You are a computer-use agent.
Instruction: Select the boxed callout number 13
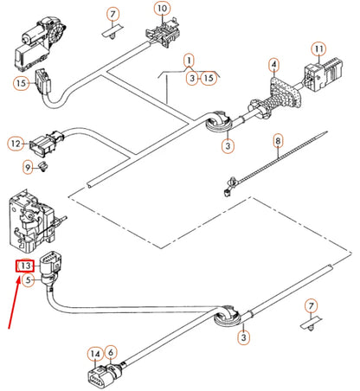[27, 266]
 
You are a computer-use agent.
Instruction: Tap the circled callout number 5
[28, 279]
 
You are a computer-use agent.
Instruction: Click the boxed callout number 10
[163, 10]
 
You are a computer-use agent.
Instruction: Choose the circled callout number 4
[273, 65]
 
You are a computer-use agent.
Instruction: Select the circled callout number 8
[278, 139]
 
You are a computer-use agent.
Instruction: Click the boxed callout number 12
[16, 143]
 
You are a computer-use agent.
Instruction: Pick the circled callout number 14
[94, 352]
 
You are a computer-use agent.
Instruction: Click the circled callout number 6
[111, 352]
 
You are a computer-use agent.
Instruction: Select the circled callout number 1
[188, 61]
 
